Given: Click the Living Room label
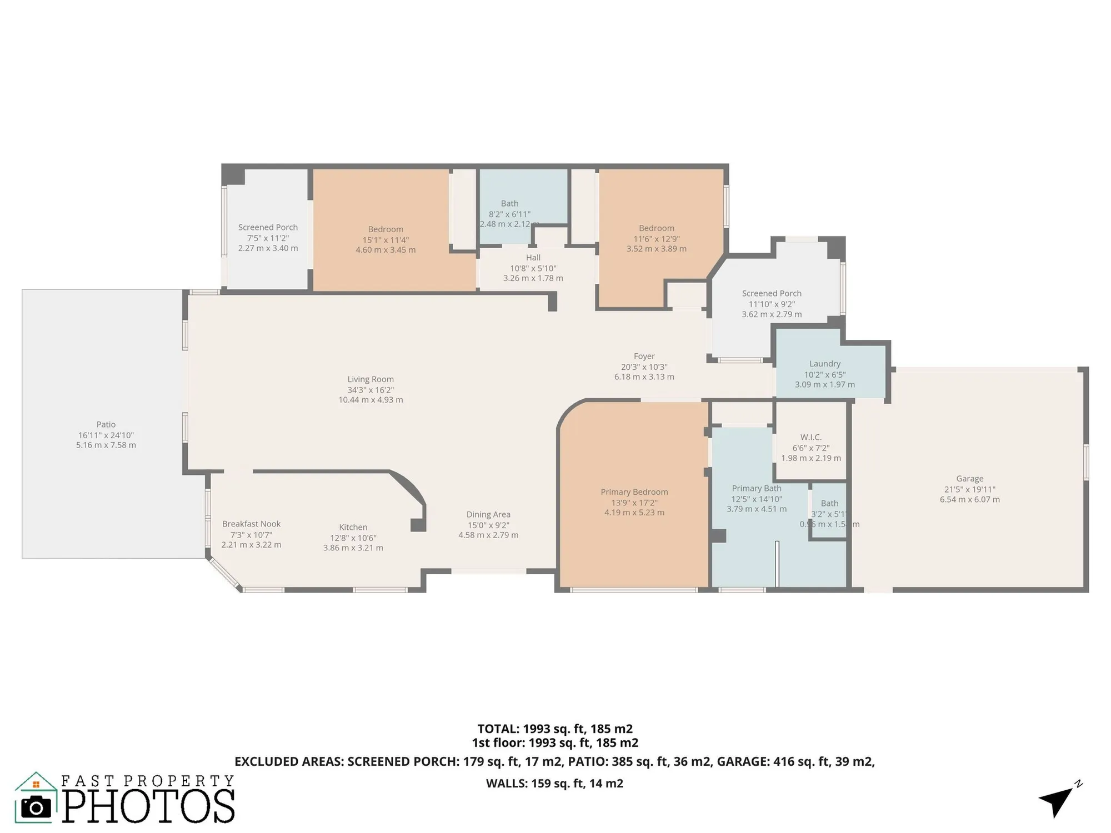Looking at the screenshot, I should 371,380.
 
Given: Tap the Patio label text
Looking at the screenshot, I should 106,425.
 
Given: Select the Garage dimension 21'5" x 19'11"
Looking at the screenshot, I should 969,489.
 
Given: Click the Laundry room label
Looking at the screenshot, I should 824,364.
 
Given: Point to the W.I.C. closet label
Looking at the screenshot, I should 810,438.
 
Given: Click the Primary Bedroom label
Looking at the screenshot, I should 634,492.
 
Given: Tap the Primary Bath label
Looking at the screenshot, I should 756,489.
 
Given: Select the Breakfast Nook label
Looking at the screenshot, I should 251,524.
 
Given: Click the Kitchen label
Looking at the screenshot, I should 353,528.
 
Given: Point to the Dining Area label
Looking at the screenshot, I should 488,515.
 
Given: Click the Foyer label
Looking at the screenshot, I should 644,357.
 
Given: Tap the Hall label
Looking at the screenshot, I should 533,258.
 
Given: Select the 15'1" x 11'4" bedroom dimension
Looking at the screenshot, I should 386,240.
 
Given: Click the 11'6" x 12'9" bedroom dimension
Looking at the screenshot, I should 656,239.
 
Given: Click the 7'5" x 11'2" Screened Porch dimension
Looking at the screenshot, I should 268,238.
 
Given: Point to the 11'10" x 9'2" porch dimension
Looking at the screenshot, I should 771,304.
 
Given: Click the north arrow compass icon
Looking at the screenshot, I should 1058,801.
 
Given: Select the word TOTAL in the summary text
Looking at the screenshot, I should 498,729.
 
